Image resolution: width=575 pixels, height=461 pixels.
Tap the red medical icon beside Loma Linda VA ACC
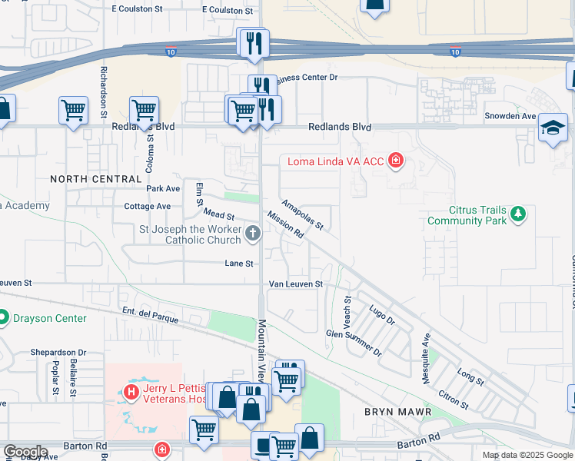tap(396, 161)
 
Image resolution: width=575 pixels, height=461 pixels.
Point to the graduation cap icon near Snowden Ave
tap(553, 128)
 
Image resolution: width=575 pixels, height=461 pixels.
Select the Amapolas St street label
tap(302, 214)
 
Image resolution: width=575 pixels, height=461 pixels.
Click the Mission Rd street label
tap(286, 226)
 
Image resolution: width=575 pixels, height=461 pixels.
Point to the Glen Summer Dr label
tap(354, 342)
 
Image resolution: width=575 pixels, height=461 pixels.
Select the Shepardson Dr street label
tap(58, 352)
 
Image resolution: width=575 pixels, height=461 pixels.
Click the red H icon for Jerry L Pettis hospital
tap(131, 393)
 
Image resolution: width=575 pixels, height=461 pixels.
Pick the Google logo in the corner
tap(25, 452)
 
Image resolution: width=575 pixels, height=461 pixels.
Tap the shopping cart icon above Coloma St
tap(144, 111)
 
